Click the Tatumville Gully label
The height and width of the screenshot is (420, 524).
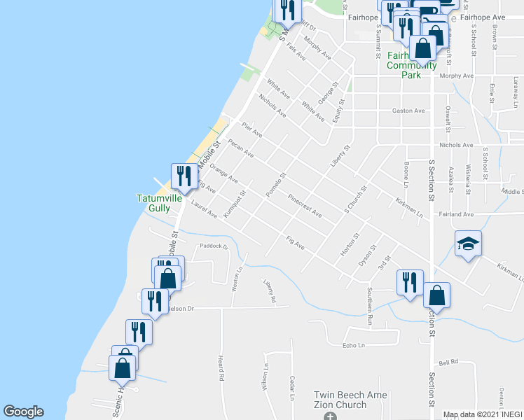click(x=159, y=202)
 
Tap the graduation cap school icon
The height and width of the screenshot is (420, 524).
click(x=468, y=244)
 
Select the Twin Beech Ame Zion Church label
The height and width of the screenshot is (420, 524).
click(x=340, y=400)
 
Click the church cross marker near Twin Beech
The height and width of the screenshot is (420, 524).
click(x=331, y=416)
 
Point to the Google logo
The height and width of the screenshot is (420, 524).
click(x=23, y=412)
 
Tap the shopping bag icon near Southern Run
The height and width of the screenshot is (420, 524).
click(x=436, y=295)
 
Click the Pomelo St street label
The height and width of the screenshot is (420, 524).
click(x=277, y=185)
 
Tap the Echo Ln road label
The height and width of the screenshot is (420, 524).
click(x=354, y=346)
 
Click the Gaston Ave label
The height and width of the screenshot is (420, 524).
click(x=409, y=111)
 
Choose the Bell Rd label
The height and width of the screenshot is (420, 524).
click(x=448, y=362)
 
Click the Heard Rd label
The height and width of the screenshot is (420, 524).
click(x=220, y=368)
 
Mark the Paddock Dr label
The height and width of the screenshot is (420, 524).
click(x=214, y=246)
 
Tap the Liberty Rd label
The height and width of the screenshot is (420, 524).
click(x=270, y=292)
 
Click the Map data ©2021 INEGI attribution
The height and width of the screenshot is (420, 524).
click(x=483, y=414)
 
